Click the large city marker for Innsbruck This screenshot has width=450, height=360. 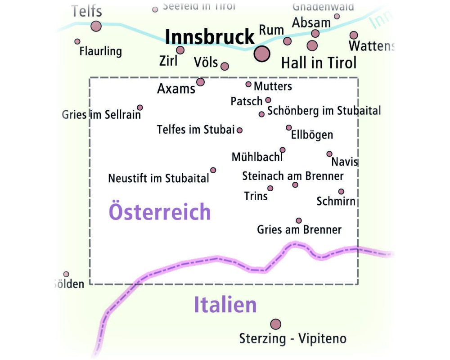pos(262,54)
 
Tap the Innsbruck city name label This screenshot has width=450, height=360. pos(210,37)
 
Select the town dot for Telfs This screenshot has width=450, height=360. pos(96,26)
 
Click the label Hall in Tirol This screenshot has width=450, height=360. pos(319,63)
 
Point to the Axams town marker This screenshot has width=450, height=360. pos(200,82)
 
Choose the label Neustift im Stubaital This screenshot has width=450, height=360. pos(158,178)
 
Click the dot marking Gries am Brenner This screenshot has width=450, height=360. pos(298,220)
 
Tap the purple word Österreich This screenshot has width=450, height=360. pos(160,212)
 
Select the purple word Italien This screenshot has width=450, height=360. pos(225,305)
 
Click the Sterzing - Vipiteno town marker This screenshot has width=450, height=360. pos(275,324)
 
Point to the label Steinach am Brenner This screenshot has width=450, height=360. pos(293,176)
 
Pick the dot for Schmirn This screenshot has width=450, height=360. pos(341,191)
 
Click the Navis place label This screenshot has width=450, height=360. pos(345,162)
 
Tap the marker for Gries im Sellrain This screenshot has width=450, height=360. pos(140,108)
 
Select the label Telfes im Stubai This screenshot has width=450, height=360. pos(196,130)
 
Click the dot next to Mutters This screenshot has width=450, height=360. pos(248,84)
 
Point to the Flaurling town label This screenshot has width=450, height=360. pos(101,51)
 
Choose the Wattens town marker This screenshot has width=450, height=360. pos(354,35)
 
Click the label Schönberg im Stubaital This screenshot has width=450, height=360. pos(324,111)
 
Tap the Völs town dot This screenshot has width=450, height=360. pos(225,66)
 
